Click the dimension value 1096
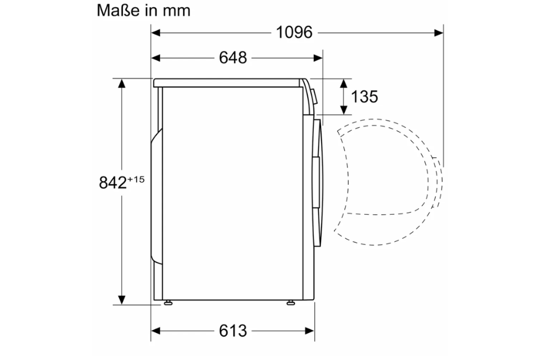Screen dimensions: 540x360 (294, 33)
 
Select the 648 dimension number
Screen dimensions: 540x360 (233, 58)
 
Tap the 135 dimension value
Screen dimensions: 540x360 (364, 97)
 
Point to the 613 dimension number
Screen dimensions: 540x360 (233, 331)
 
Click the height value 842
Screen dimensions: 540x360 (113, 182)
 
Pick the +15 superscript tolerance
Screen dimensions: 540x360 (136, 179)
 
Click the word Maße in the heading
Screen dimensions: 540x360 (119, 10)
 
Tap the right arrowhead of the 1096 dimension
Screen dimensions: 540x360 (439, 33)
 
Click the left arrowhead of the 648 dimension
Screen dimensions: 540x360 (155, 58)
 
